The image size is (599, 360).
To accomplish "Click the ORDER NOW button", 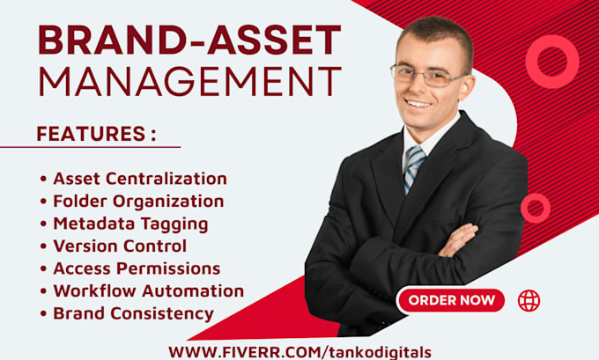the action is coord(451,300).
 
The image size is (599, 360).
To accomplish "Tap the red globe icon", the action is coord(529,300).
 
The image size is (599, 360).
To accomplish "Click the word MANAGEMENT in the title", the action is coord(190,81).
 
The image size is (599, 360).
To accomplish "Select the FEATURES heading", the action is coord(97,134).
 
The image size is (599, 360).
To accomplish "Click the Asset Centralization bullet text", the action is coord(140,179).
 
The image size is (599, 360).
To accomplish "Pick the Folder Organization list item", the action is coord(138,202).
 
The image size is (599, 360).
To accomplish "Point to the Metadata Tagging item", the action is coord(130,224).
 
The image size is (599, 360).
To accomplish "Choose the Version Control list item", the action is coord(120,246).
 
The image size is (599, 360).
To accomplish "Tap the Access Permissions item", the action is coord(137,268).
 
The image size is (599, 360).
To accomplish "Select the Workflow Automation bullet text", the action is coord(149,290).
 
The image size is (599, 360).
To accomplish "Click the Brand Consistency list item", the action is coord(133,314).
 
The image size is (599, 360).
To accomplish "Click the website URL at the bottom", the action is coord(299,352).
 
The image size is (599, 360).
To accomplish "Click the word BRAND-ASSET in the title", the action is coord(190,40).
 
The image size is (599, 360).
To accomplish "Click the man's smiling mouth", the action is coord(418,104).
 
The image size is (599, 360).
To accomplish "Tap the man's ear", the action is coord(466,87).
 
